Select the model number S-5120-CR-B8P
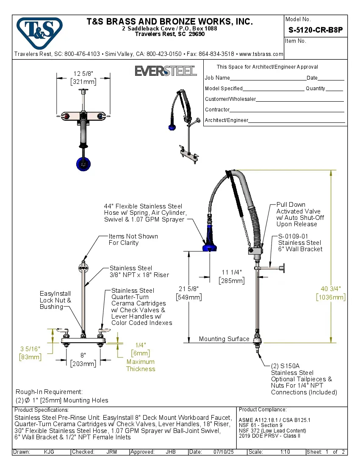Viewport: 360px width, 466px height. tap(316, 30)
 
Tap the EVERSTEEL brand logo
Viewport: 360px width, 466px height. tap(166, 71)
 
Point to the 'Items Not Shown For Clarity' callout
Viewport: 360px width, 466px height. tap(133, 239)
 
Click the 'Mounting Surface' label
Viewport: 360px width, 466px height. tap(224, 339)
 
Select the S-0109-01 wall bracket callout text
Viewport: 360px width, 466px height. tap(300, 243)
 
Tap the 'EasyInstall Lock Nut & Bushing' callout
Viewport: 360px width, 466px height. tap(55, 300)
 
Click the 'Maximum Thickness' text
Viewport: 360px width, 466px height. tap(141, 365)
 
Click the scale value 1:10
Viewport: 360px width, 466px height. tap(285, 452)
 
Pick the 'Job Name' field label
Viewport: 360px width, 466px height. tap(217, 78)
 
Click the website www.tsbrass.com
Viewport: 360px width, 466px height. tap(261, 54)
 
